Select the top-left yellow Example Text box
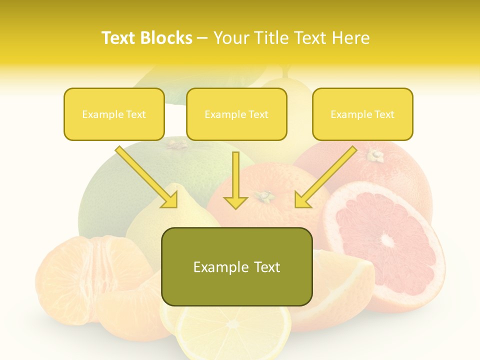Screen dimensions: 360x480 pyautogui.click(x=114, y=114)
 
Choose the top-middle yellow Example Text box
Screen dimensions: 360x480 pyautogui.click(x=236, y=114)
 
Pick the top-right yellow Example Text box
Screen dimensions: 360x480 pyautogui.click(x=362, y=114)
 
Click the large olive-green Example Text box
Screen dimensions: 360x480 pyautogui.click(x=236, y=267)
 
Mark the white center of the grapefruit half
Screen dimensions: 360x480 pyautogui.click(x=387, y=240)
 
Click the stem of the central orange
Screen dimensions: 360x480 pyautogui.click(x=265, y=196)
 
